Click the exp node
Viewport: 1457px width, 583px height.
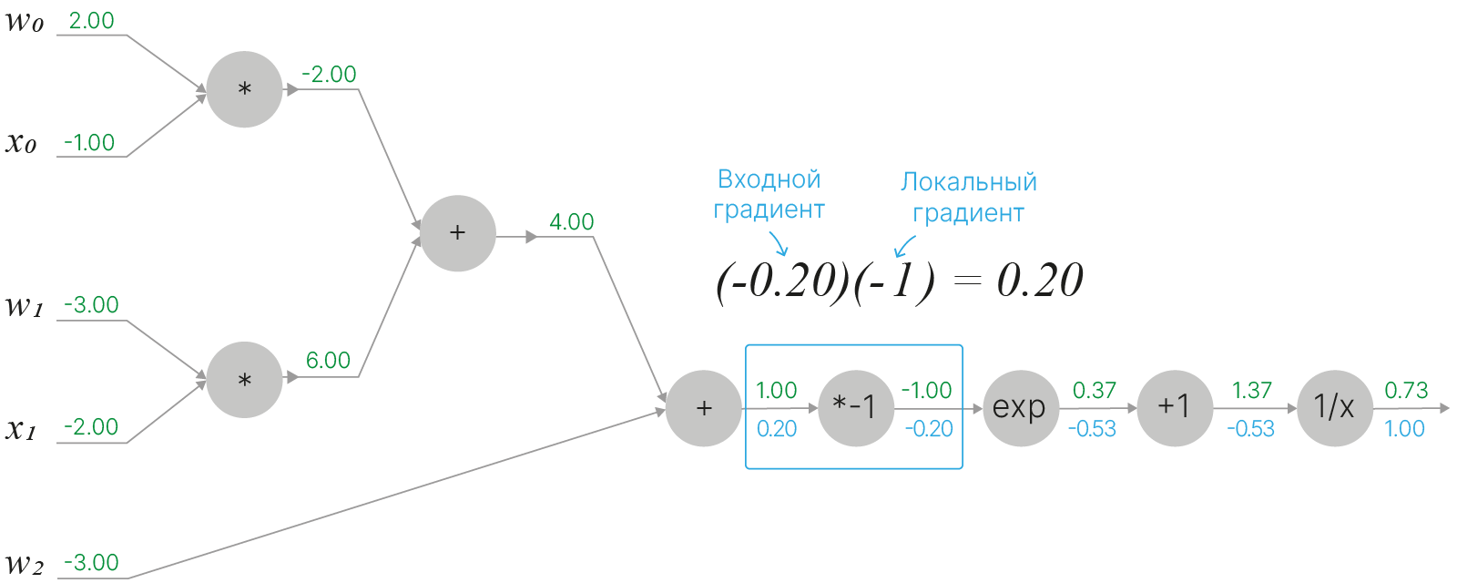click(x=1019, y=408)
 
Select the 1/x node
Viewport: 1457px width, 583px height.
click(x=1334, y=408)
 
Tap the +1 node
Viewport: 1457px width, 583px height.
click(x=1174, y=408)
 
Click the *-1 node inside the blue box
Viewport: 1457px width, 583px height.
click(x=855, y=408)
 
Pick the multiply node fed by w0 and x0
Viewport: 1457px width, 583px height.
click(x=244, y=89)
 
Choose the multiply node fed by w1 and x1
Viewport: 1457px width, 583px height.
click(x=244, y=380)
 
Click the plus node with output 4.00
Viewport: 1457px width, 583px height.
click(x=458, y=233)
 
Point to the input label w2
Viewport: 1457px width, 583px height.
click(x=25, y=565)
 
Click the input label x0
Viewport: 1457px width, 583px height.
click(x=22, y=143)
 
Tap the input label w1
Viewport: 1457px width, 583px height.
click(x=25, y=306)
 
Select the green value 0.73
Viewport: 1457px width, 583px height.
click(x=1406, y=391)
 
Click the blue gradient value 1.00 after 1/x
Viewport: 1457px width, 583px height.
click(x=1404, y=429)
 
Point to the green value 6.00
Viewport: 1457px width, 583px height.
click(x=328, y=361)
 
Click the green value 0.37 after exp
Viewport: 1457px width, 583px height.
click(x=1094, y=391)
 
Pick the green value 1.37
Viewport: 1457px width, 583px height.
click(x=1251, y=391)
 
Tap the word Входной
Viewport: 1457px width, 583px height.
click(x=769, y=179)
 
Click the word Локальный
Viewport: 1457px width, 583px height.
click(x=969, y=182)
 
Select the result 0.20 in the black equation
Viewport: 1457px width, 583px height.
click(x=1040, y=281)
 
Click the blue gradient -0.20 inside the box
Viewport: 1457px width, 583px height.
click(x=928, y=429)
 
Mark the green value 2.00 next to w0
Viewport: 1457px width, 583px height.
click(x=92, y=21)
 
